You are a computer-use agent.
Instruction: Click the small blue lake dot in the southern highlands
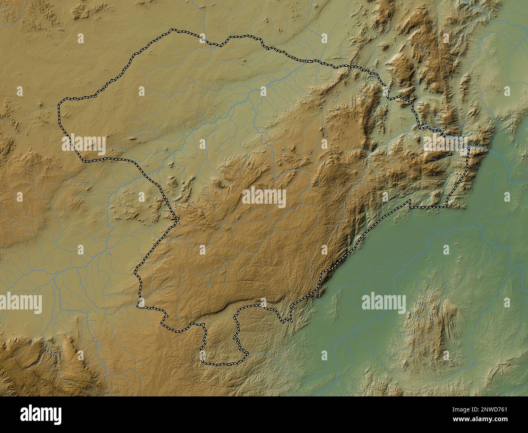pyautogui.click(x=208, y=285)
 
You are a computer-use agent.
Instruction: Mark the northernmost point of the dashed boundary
pyautogui.click(x=174, y=30)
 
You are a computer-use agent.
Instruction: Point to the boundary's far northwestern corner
pyautogui.click(x=60, y=102)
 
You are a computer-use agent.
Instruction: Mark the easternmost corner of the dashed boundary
pyautogui.click(x=469, y=148)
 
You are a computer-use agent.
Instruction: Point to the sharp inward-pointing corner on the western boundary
pyautogui.click(x=177, y=220)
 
